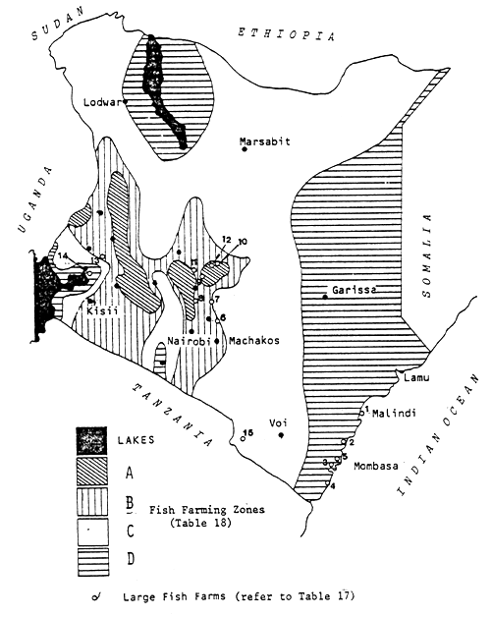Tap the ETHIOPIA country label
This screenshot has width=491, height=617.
coord(286,34)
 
